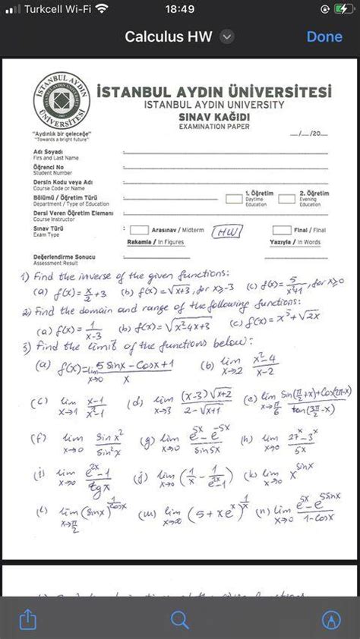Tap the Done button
click(324, 36)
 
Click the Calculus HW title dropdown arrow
click(226, 36)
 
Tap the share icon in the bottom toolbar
click(27, 619)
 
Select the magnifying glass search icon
click(180, 619)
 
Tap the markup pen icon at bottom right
click(331, 619)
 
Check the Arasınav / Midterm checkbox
click(138, 230)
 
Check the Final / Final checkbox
click(281, 230)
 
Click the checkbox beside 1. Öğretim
click(234, 199)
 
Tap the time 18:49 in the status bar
click(179, 9)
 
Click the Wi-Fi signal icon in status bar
click(103, 9)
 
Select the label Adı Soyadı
click(48, 152)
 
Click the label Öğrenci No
click(49, 167)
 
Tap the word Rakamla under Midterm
click(140, 242)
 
